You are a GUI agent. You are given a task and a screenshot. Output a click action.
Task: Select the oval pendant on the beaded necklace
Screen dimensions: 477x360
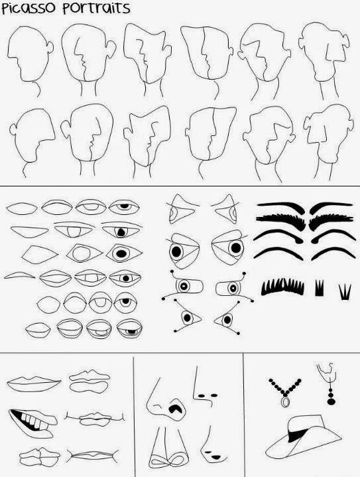click(x=286, y=401)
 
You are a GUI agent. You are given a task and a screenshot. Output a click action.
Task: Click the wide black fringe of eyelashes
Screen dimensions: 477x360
click(x=282, y=286)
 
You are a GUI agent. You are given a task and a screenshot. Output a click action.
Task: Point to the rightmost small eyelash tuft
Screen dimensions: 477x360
click(x=344, y=291)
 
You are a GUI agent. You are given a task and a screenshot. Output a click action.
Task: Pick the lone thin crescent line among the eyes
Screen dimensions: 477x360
click(x=21, y=275)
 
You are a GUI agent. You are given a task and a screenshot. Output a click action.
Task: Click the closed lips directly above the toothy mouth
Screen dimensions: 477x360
click(x=32, y=383)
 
